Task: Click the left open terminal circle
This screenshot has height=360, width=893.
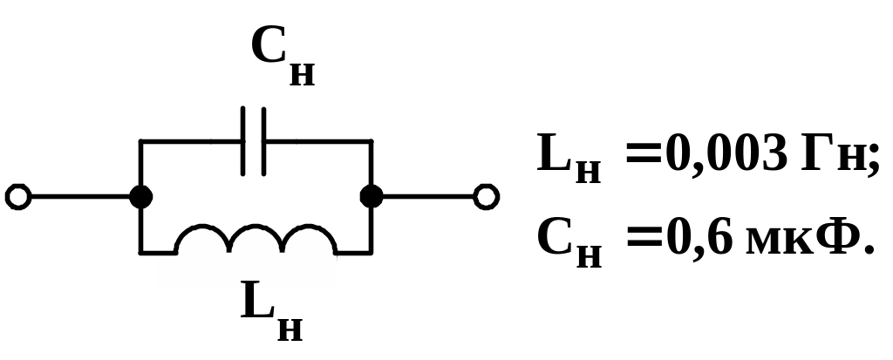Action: (x=17, y=197)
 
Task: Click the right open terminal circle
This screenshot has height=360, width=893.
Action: (x=486, y=196)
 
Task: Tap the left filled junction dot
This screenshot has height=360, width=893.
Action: (x=140, y=197)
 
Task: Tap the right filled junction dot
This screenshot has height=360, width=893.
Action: (x=372, y=196)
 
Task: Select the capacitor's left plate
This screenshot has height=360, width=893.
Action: (x=243, y=140)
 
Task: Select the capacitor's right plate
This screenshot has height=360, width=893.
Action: (x=263, y=140)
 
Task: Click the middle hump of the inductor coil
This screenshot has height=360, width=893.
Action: (x=256, y=238)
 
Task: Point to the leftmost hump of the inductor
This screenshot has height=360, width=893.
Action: (x=202, y=238)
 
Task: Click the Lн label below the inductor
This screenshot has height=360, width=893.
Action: (x=272, y=310)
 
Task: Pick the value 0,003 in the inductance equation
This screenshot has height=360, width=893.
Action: (x=726, y=153)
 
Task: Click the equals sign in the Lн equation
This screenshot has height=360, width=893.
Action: (x=644, y=153)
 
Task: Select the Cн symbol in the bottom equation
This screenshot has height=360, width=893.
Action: (x=569, y=242)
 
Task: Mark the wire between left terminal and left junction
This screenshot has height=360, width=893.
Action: (x=80, y=197)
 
